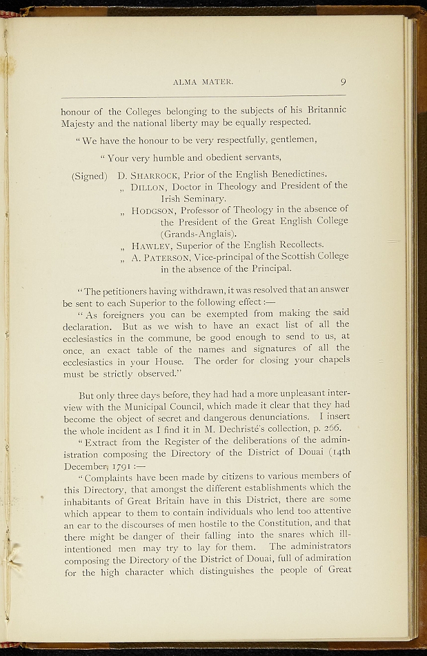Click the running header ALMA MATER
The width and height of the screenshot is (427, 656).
[x=203, y=82]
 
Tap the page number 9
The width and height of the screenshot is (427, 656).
[x=343, y=81]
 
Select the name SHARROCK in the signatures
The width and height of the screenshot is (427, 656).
[x=154, y=174]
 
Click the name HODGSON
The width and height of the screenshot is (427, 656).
[x=154, y=209]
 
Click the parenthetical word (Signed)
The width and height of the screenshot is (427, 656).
[x=90, y=175]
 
